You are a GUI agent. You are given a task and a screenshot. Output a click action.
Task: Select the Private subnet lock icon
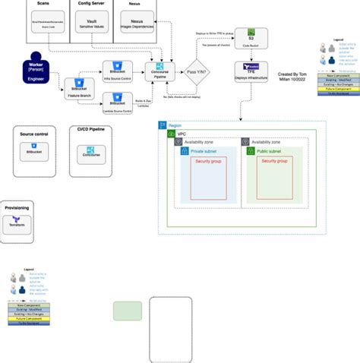pyautogui.click(x=183, y=152)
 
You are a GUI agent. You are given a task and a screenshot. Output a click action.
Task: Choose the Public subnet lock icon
pyautogui.click(x=251, y=152)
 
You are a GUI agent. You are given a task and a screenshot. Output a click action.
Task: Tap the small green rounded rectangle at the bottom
pyautogui.click(x=128, y=311)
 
